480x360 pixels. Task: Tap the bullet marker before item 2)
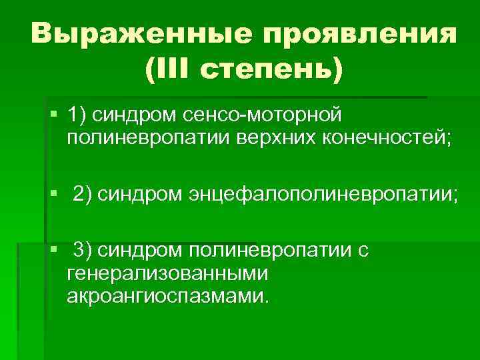(53, 194)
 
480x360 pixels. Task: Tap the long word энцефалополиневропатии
(323, 195)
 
